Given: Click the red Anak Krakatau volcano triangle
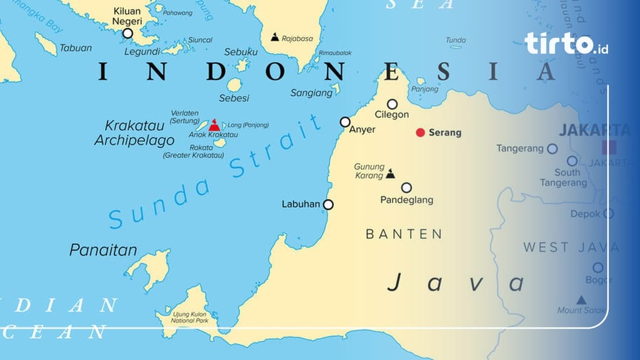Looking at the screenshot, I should click(214, 125).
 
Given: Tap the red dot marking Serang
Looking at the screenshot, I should click(421, 132).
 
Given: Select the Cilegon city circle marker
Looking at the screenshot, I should click(392, 104).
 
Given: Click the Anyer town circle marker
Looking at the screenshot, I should click(345, 122).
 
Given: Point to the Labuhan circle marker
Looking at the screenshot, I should click(328, 204).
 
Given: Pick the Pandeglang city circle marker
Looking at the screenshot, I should click(406, 187).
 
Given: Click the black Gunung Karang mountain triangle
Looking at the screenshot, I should click(391, 174).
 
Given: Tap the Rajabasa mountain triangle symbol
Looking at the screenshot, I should click(274, 37).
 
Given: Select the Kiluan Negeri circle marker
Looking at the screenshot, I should click(127, 33).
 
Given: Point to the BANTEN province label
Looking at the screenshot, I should click(404, 234).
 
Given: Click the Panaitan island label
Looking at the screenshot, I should click(103, 251).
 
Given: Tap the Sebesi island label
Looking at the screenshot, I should click(234, 98).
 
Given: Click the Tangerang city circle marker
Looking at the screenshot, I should click(552, 149).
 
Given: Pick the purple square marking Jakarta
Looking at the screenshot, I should click(608, 147).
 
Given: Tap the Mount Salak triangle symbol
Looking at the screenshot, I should click(581, 299).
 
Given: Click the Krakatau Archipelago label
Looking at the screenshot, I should click(134, 133).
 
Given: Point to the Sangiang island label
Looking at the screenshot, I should click(312, 93).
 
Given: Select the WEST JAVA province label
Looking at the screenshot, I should click(571, 247).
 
